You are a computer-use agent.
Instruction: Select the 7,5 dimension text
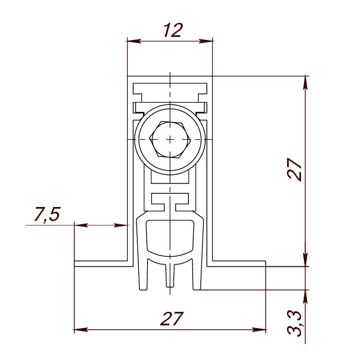(46, 215)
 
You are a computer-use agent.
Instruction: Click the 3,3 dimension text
(295, 323)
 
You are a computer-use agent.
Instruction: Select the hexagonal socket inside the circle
(170, 139)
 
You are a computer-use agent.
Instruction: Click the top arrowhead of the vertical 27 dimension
(306, 81)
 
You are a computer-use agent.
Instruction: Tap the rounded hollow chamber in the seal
(170, 237)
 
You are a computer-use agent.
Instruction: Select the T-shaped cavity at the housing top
(170, 90)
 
